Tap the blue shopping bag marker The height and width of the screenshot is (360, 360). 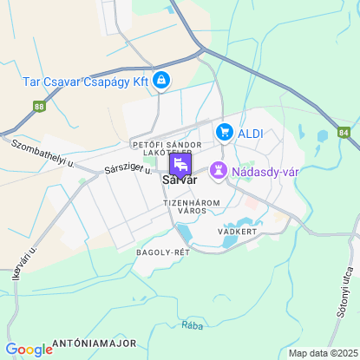coord(160,81)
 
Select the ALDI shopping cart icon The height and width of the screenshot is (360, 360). coord(226,132)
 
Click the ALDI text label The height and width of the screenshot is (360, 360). coord(252,132)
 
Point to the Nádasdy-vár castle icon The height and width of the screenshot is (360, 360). coord(218,170)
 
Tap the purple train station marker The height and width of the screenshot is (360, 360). coord(180,164)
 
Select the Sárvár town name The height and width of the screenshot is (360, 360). coord(180,180)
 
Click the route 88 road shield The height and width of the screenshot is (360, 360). coord(39,107)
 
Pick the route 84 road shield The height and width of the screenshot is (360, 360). coord(344,133)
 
